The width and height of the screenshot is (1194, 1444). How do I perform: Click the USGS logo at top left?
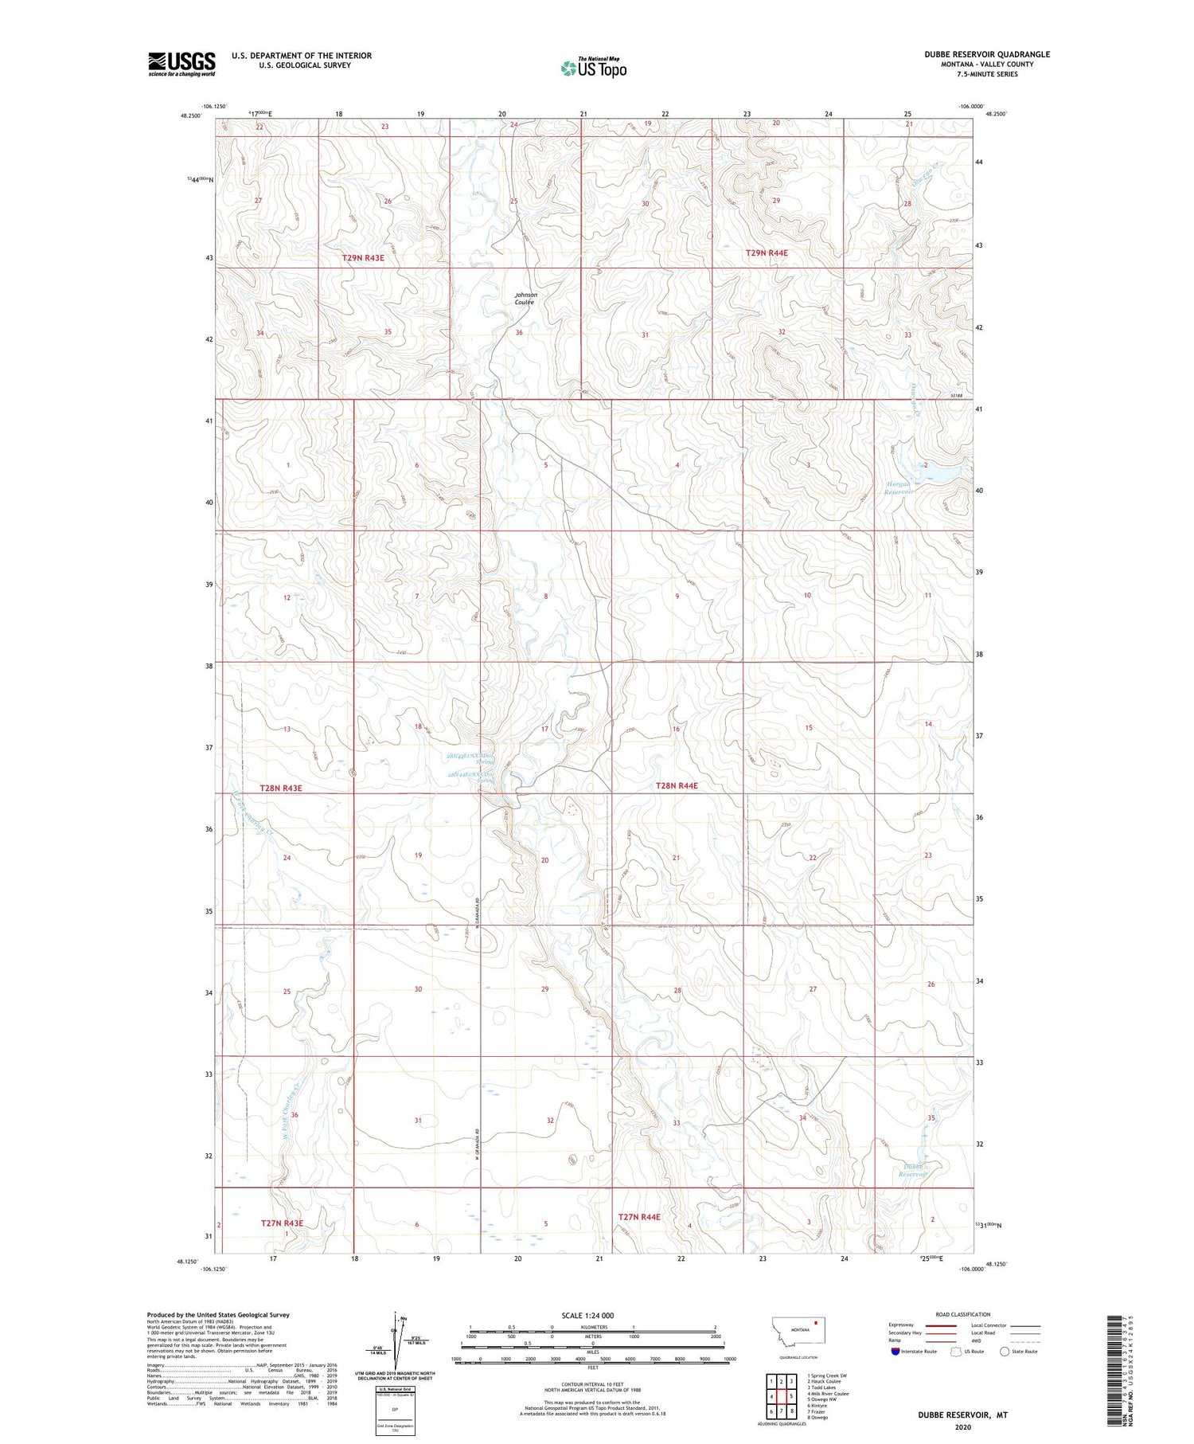click(x=181, y=64)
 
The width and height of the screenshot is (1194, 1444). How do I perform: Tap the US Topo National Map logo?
click(x=594, y=68)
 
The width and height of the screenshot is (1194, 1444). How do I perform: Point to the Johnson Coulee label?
click(x=525, y=299)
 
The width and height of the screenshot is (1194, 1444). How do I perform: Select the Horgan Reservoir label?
click(x=899, y=487)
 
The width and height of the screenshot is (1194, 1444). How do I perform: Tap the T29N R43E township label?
click(x=369, y=258)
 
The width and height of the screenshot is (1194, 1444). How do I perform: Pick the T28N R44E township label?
click(x=676, y=785)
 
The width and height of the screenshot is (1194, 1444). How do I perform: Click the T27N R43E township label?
click(x=282, y=1223)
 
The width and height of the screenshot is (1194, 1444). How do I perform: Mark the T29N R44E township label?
click(x=767, y=253)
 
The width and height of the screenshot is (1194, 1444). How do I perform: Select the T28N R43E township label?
click(x=281, y=788)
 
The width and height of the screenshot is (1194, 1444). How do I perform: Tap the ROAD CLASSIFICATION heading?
click(x=963, y=1314)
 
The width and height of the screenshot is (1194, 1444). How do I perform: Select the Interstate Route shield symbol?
click(x=895, y=1351)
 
